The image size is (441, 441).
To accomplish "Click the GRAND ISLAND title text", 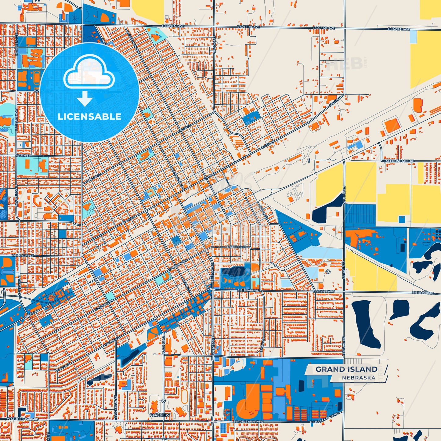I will coord(346,369).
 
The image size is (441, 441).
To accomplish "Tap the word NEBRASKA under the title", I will coord(359,378).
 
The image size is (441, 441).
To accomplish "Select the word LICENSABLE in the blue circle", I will coord(89,116).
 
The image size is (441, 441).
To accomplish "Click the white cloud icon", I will coord(89,72).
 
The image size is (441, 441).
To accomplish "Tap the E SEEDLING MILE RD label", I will coord(399,161).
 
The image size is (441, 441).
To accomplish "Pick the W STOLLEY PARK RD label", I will coord(23,419).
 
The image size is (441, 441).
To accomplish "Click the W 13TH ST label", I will coord(23,156).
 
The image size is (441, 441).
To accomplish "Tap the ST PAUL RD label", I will coord(214,45).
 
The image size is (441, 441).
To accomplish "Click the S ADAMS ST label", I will coord(164,345).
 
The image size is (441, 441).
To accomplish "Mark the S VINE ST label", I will coord(262,345).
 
